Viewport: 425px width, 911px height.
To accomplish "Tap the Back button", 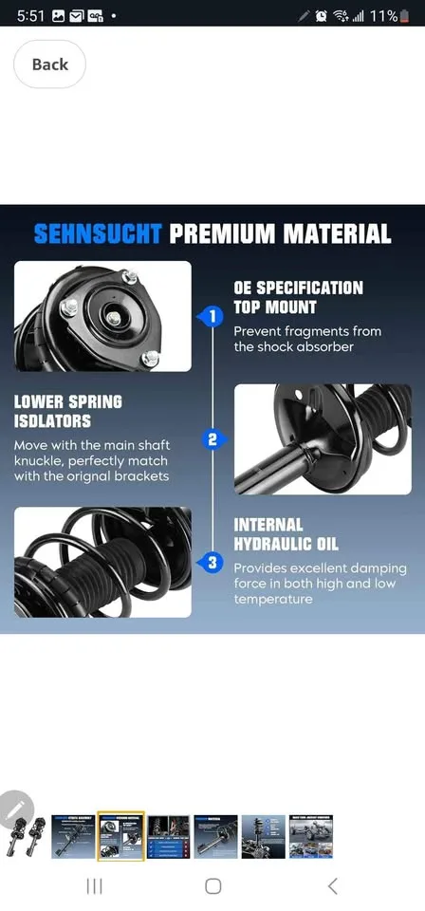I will coord(49,65).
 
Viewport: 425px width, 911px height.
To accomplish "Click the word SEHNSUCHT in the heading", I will coord(98,233).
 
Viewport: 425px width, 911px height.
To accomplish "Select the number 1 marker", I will coord(213,315).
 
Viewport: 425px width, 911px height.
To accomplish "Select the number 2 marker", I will coord(213,439).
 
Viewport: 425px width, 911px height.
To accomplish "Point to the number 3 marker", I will coord(213,564).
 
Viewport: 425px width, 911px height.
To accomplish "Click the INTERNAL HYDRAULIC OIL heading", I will coord(286,534).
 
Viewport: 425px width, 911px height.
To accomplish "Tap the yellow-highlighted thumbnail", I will coord(120,836).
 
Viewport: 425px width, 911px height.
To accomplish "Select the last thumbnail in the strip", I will coord(311,836).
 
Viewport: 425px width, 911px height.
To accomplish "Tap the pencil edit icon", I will coord(16,809).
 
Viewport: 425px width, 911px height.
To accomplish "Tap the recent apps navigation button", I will coord(94,885).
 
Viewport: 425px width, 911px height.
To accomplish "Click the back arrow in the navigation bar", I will coord(332,885).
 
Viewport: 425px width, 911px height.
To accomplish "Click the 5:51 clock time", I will coord(30,16).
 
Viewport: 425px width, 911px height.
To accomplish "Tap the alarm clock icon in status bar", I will coord(322,16).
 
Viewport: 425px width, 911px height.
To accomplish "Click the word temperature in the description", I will coord(273,599).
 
